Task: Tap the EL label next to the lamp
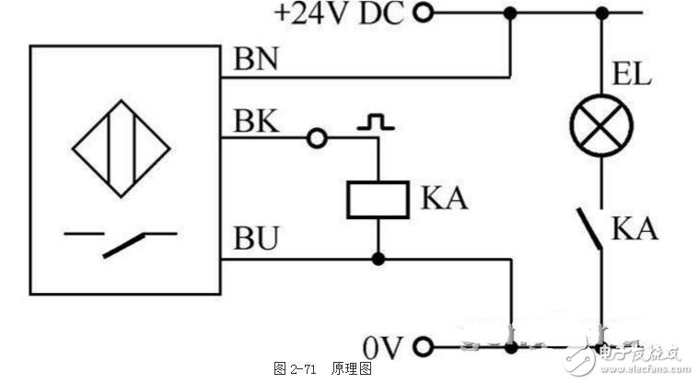point(634,74)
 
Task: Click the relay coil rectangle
point(377,199)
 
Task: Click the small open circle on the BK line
point(317,138)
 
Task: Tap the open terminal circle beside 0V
point(425,348)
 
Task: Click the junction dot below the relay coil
point(377,258)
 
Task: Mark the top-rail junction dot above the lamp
point(601,13)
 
